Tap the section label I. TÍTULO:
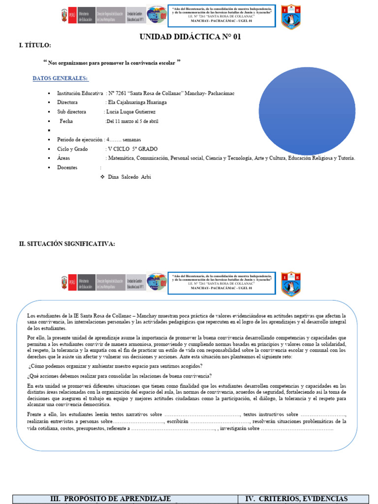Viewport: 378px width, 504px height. click(x=34, y=46)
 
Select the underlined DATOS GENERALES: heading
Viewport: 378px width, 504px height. click(x=60, y=78)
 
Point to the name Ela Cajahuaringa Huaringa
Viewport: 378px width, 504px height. click(x=137, y=102)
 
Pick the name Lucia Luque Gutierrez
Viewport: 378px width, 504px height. click(x=131, y=112)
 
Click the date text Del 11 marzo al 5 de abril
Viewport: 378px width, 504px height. click(x=132, y=121)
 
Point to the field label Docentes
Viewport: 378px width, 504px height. click(x=67, y=168)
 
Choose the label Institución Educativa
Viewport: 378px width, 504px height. click(x=80, y=93)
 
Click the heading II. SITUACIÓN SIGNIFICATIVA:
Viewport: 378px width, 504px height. click(x=67, y=244)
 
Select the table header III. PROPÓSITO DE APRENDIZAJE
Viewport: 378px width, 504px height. click(x=111, y=499)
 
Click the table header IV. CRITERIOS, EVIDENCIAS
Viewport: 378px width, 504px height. click(x=296, y=499)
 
